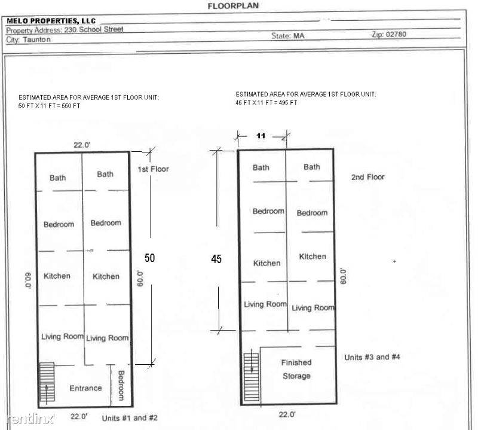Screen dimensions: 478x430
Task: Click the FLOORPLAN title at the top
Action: [x=233, y=6]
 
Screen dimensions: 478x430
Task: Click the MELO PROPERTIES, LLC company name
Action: [x=51, y=21]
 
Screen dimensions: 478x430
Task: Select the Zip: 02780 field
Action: [x=389, y=34]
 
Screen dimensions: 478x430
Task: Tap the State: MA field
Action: [x=288, y=36]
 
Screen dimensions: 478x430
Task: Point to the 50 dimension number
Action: [x=150, y=258]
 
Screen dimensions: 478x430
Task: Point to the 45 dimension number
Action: [x=216, y=259]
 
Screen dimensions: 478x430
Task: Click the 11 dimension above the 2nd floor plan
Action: [x=261, y=136]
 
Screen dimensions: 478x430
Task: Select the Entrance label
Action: [x=85, y=388]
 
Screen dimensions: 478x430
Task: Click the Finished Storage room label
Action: [x=296, y=369]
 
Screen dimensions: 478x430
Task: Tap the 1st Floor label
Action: [x=153, y=169]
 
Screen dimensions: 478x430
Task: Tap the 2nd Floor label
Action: [x=367, y=177]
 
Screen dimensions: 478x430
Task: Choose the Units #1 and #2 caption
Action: [x=130, y=418]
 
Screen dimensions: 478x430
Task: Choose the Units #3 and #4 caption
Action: [x=372, y=357]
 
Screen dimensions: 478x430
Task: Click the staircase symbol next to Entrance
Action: [x=47, y=382]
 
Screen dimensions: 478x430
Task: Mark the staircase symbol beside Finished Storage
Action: [x=252, y=377]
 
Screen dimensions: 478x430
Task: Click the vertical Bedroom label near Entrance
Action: [x=121, y=385]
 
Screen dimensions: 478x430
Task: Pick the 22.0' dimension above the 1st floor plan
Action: [x=82, y=145]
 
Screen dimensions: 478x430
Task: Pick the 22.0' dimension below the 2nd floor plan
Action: [x=287, y=414]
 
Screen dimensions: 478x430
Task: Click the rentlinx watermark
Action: [x=30, y=419]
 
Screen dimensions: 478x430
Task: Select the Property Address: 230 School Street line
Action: [x=65, y=30]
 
